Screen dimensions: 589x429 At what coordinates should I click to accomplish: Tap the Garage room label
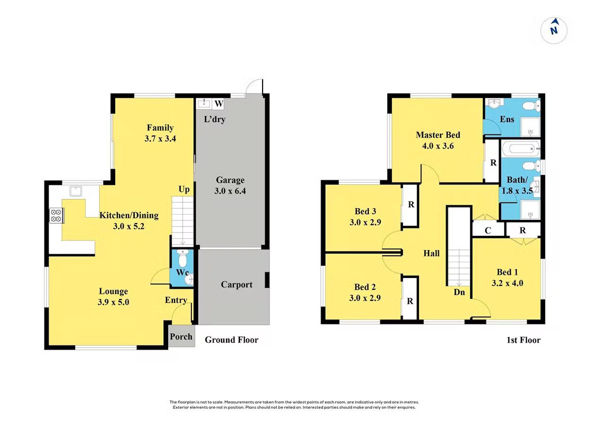pyautogui.click(x=230, y=180)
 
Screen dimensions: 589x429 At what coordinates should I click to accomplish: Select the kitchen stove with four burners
pyautogui.click(x=57, y=215)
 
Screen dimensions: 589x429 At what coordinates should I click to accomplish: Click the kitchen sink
pyautogui.click(x=76, y=191)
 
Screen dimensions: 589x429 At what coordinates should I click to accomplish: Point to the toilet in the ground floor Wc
pyautogui.click(x=182, y=258)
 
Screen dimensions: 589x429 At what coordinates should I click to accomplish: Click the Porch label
pyautogui.click(x=181, y=336)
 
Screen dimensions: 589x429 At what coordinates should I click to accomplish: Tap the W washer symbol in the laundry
pyautogui.click(x=219, y=103)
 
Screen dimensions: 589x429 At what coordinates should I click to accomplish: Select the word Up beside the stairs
pyautogui.click(x=184, y=189)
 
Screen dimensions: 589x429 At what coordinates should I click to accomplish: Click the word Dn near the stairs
pyautogui.click(x=459, y=292)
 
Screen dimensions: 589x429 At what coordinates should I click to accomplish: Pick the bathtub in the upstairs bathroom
pyautogui.click(x=521, y=149)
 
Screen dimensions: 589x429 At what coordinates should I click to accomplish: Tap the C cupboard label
pyautogui.click(x=488, y=230)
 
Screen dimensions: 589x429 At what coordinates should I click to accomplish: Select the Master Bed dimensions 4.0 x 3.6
pyautogui.click(x=438, y=146)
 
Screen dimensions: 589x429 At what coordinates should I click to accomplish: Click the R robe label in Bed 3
pyautogui.click(x=411, y=204)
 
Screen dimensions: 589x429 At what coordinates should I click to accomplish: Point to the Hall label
pyautogui.click(x=432, y=253)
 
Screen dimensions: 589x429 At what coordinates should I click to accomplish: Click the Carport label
pyautogui.click(x=237, y=284)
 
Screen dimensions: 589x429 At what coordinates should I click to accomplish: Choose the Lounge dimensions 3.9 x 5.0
pyautogui.click(x=113, y=302)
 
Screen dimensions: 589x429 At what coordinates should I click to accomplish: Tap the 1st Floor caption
pyautogui.click(x=523, y=340)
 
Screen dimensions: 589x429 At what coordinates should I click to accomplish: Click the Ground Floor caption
pyautogui.click(x=231, y=340)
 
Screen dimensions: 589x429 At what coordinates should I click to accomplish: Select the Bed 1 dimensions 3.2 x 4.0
pyautogui.click(x=507, y=283)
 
